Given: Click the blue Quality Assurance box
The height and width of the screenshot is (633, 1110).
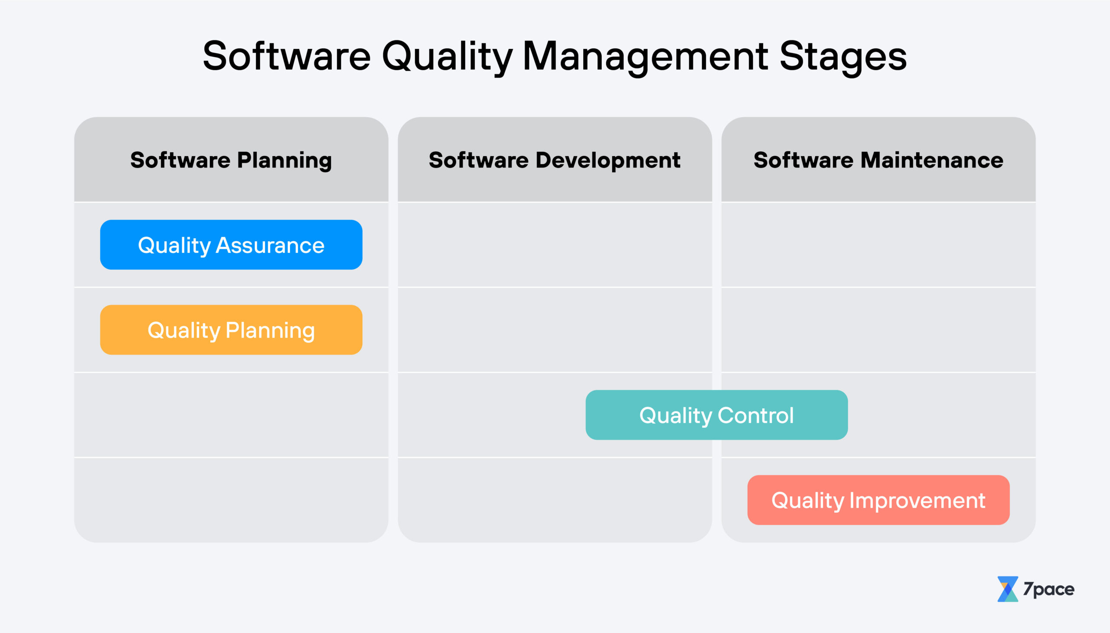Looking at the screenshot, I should click(x=231, y=245).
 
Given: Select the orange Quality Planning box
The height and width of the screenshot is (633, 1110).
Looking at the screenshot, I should click(x=231, y=330).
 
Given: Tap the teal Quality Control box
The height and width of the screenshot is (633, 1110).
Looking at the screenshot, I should click(x=716, y=415).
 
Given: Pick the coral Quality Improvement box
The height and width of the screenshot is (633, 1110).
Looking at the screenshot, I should click(x=878, y=500).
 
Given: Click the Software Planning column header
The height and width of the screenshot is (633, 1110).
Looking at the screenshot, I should click(x=231, y=160).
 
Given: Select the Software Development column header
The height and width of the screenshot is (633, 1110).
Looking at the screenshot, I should click(x=554, y=160).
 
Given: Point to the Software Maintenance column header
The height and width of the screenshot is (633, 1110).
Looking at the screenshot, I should click(x=878, y=160).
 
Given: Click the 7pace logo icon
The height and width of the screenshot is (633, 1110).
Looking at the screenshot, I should click(x=1008, y=589).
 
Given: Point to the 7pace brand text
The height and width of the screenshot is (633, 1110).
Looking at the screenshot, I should click(x=1048, y=589).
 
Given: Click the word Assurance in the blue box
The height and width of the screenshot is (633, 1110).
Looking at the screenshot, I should click(x=270, y=245).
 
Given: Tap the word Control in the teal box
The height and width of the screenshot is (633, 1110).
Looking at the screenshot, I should click(x=755, y=415).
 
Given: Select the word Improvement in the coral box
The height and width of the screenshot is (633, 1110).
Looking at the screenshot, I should click(x=917, y=500).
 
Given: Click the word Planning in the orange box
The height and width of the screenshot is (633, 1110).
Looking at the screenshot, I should click(x=270, y=331).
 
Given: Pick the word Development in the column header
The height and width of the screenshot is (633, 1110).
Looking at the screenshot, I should click(x=608, y=160).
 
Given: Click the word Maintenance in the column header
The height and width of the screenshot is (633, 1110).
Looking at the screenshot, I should click(x=932, y=160).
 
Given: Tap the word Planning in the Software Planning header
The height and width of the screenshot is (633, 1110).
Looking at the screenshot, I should click(x=284, y=160).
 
